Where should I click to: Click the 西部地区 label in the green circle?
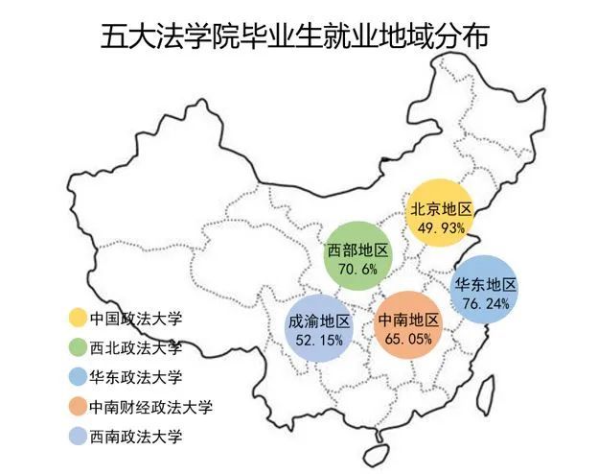[357, 250]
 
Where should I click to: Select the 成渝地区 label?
[319, 321]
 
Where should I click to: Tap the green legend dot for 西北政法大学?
[76, 347]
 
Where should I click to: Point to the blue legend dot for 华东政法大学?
[76, 377]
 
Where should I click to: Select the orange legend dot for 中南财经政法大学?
[76, 407]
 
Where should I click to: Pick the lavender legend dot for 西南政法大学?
[76, 437]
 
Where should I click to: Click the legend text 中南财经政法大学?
[150, 407]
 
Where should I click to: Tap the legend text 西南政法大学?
[135, 437]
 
